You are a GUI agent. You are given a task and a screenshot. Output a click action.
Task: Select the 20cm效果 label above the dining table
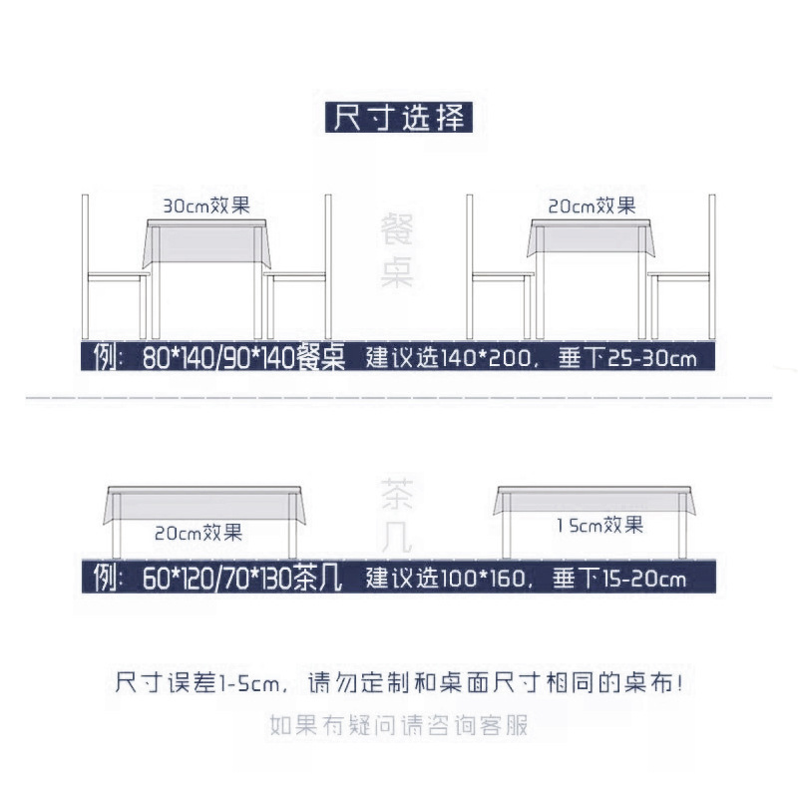click(592, 205)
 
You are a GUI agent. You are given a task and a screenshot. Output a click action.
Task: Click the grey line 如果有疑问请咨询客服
click(398, 725)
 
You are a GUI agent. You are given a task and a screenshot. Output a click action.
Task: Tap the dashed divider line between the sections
click(399, 399)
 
